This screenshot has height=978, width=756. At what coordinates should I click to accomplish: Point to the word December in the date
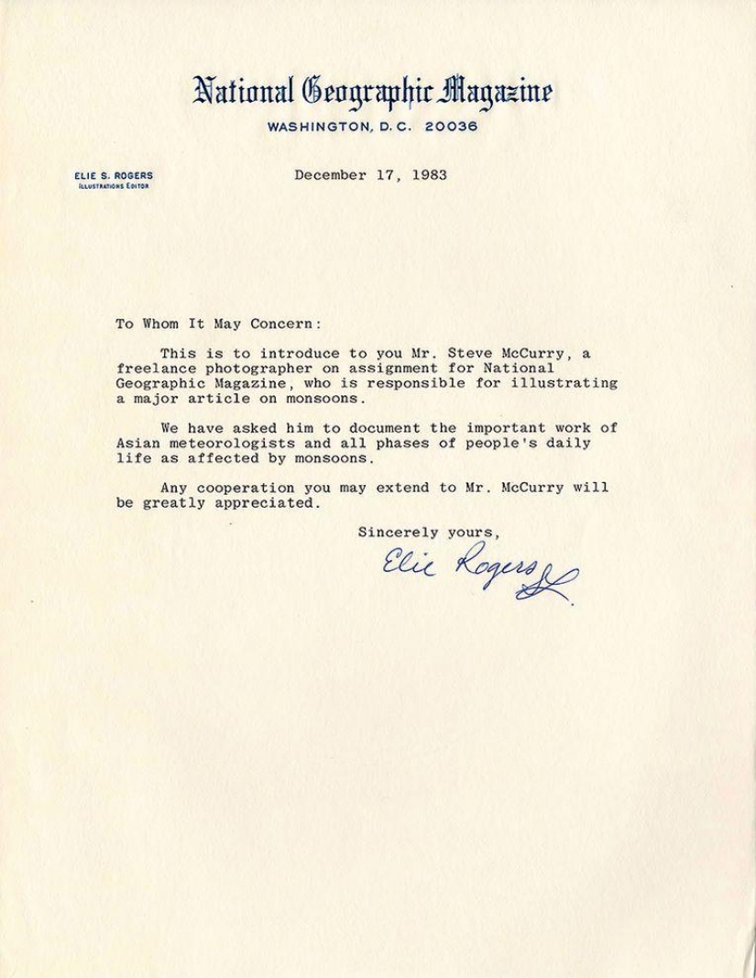click(326, 176)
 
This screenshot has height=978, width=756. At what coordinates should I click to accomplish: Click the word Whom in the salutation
click(159, 324)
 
